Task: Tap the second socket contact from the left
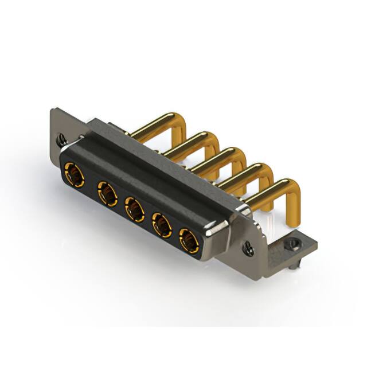pyautogui.click(x=107, y=193)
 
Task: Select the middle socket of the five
pyautogui.click(x=135, y=210)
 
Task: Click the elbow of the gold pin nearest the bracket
pyautogui.click(x=287, y=187)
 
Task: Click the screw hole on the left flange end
pyautogui.click(x=62, y=138)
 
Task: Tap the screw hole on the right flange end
pyautogui.click(x=248, y=248)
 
